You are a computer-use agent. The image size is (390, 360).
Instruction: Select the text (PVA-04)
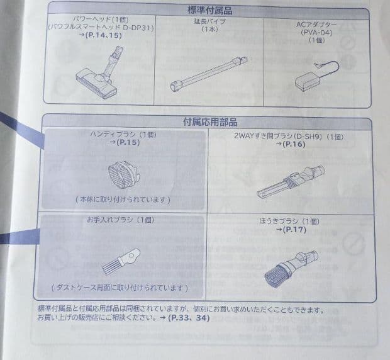pos(309,31)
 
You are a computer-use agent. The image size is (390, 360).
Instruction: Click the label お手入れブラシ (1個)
pos(120,220)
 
